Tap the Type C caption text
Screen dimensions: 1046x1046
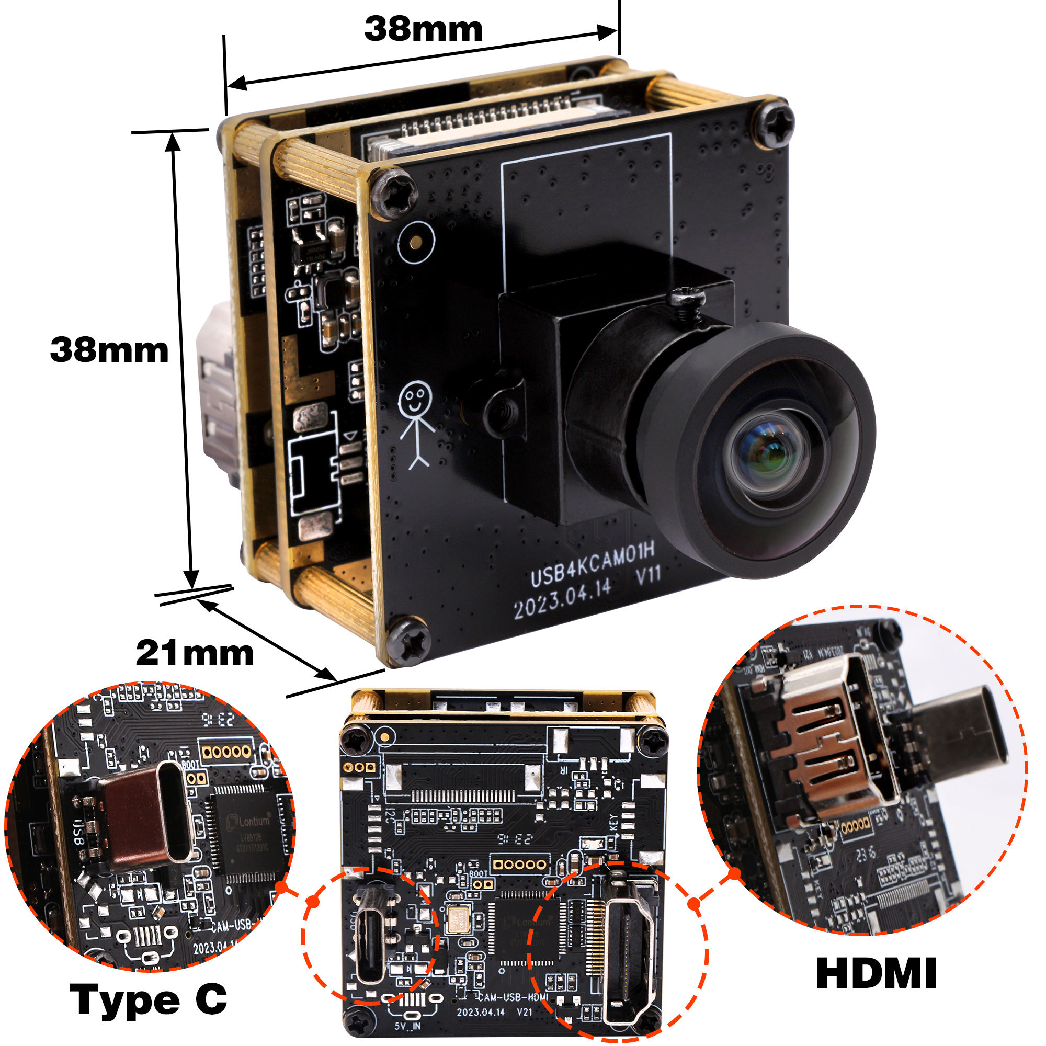point(149,1000)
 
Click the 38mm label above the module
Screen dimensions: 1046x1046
point(424,29)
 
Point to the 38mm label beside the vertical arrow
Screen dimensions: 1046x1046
point(109,350)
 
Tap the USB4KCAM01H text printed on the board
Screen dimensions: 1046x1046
point(593,565)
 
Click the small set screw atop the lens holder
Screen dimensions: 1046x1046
point(686,299)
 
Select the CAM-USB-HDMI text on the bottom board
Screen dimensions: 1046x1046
point(513,996)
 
